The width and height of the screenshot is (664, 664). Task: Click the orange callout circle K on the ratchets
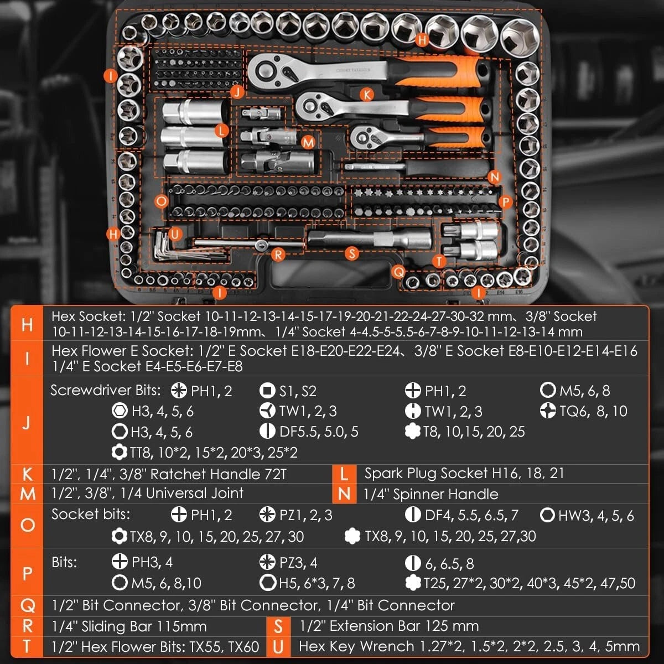click(366, 95)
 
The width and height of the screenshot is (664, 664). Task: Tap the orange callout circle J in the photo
click(237, 92)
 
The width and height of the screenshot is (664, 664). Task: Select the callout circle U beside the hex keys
click(175, 234)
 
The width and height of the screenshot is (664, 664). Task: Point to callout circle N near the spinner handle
click(494, 177)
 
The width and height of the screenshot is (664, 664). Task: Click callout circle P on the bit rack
click(505, 203)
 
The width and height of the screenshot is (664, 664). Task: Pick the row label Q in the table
click(27, 606)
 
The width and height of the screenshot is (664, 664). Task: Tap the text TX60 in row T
click(243, 646)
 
